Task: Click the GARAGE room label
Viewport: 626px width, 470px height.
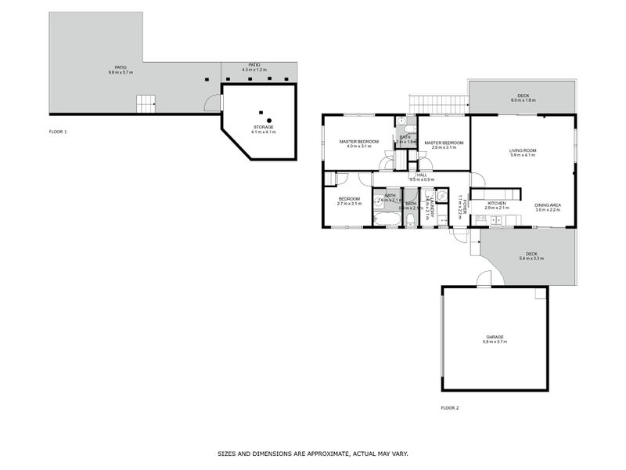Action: pos(495,337)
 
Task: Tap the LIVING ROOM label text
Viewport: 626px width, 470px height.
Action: pos(522,150)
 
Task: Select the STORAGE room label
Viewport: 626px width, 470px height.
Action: pos(263,127)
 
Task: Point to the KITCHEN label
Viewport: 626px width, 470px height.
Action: pos(497,204)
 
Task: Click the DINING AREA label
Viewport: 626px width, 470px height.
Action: pos(548,205)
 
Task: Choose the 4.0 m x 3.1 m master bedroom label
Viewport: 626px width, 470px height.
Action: pos(358,142)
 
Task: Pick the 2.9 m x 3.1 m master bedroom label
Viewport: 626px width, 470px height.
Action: pos(444,143)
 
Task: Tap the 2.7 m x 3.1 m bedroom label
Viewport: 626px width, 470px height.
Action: pos(349,199)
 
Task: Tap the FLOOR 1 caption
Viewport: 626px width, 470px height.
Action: pos(58,132)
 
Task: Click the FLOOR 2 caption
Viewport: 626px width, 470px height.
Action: pos(450,408)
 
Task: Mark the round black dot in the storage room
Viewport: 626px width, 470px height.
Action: pos(268,120)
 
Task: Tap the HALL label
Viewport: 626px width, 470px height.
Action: pos(421,175)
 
